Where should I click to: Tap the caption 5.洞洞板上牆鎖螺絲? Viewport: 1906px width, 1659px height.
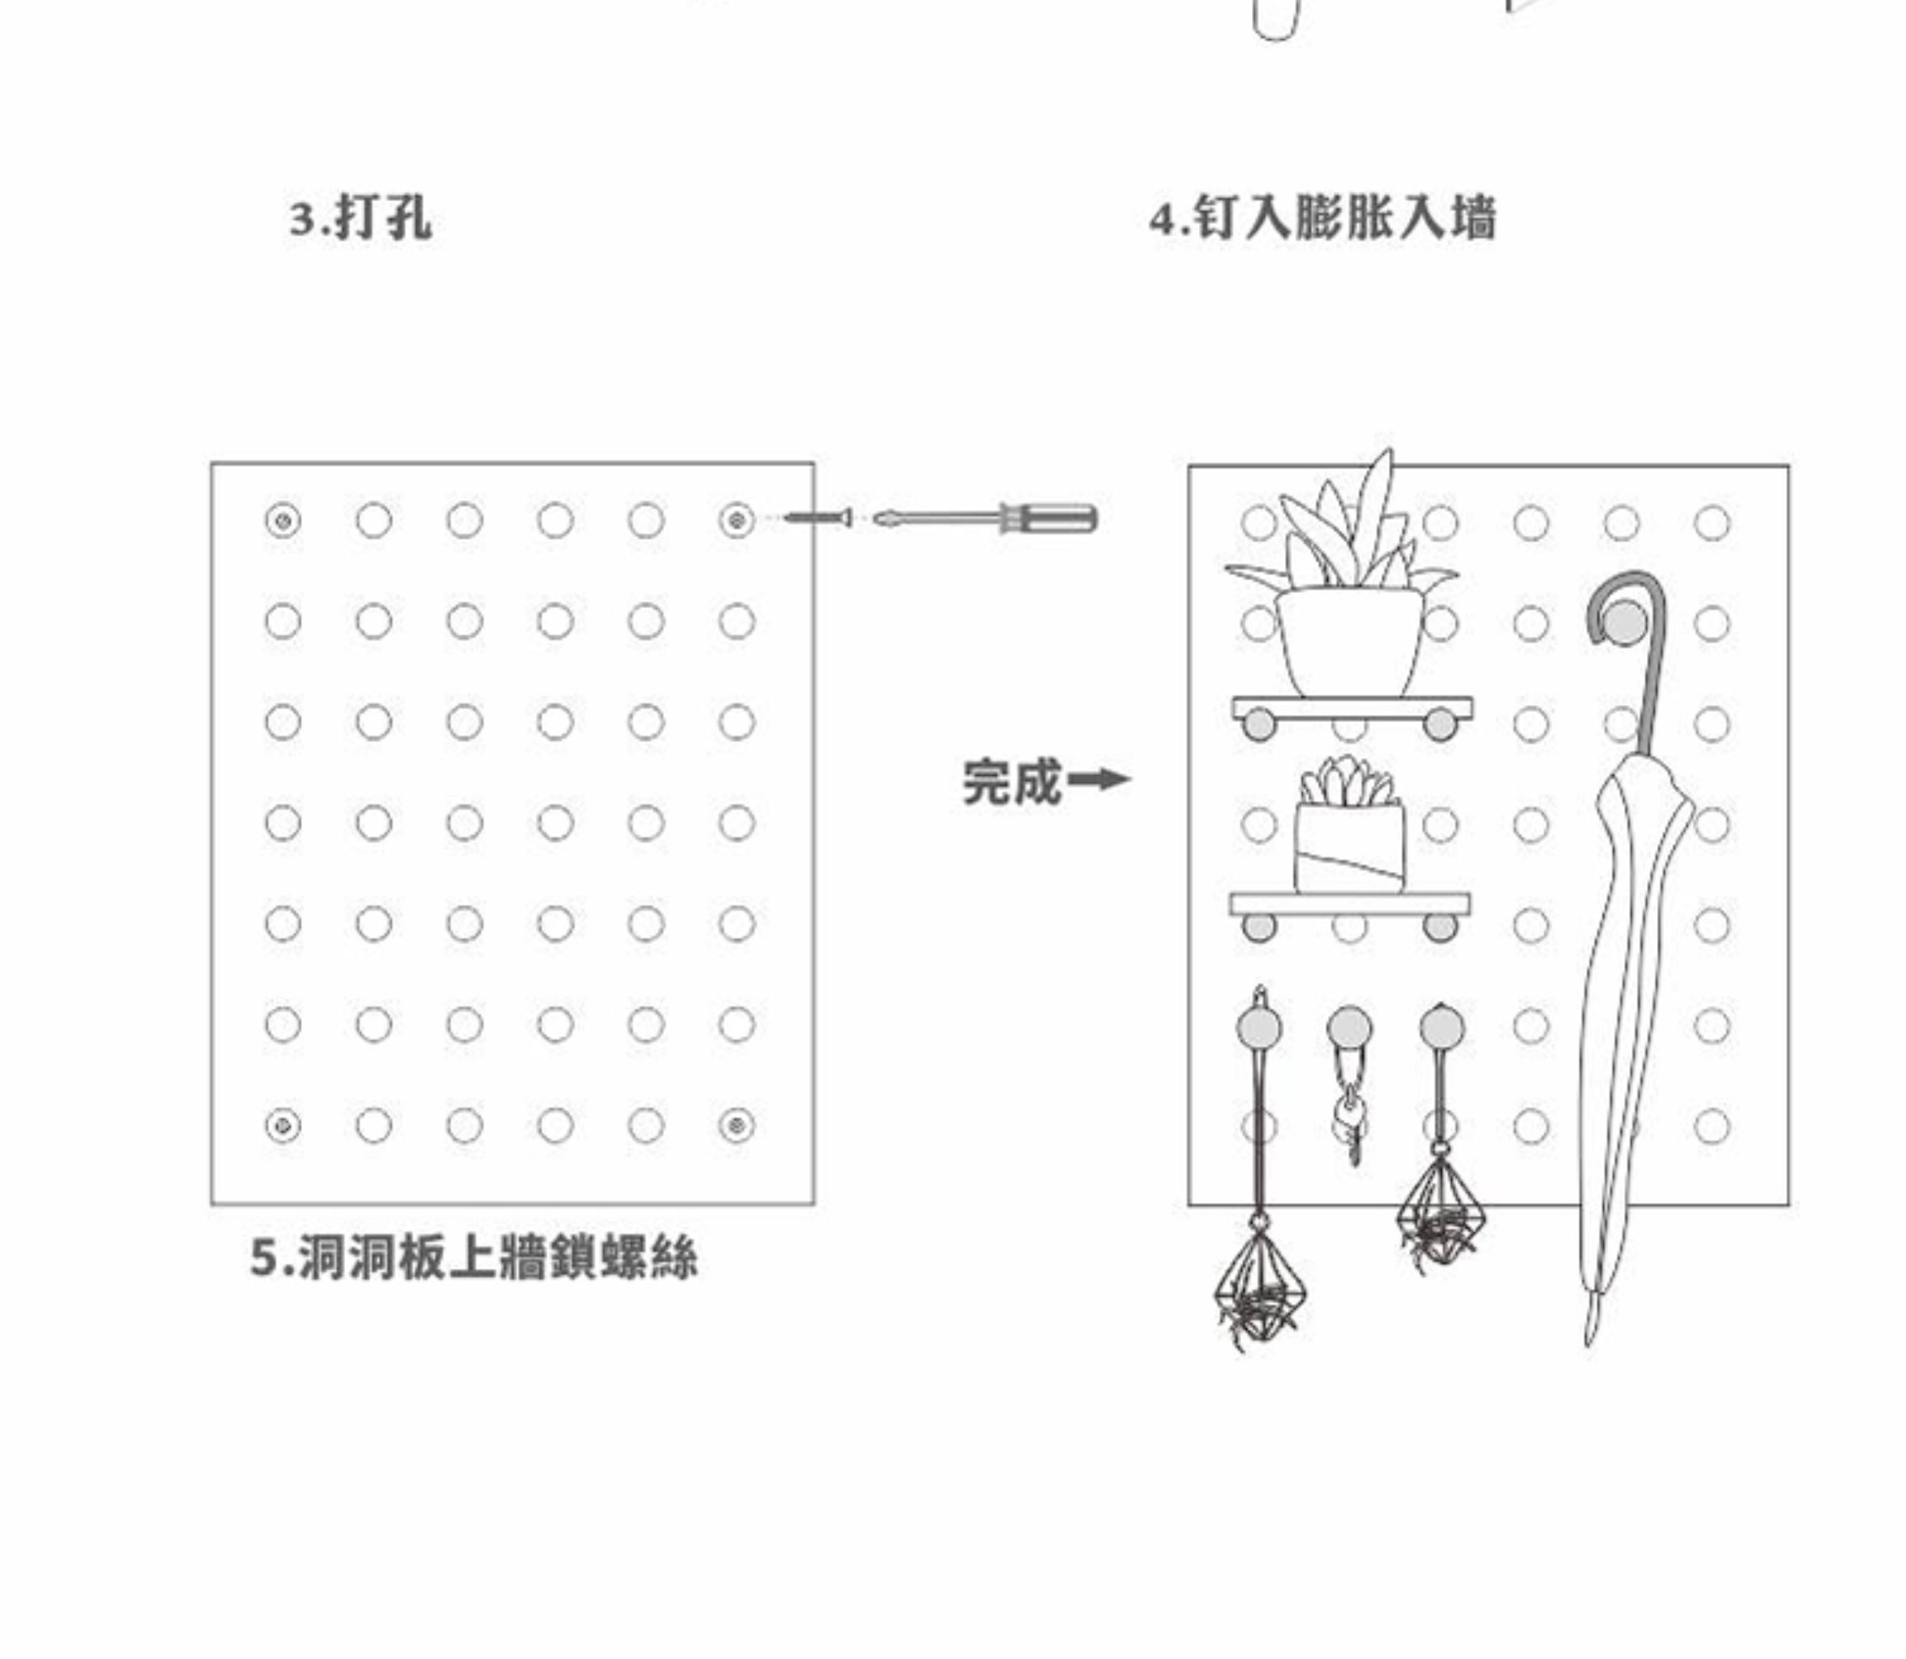point(473,1258)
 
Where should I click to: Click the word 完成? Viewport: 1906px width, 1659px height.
point(1011,783)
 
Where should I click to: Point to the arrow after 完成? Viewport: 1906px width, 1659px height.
point(1099,780)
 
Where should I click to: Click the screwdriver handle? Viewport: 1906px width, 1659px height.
point(1048,518)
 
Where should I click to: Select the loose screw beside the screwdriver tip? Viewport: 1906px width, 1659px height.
point(818,518)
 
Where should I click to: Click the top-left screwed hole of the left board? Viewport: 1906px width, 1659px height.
point(283,520)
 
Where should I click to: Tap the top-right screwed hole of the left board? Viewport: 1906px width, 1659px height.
point(736,520)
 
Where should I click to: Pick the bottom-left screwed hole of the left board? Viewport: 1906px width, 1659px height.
point(283,1126)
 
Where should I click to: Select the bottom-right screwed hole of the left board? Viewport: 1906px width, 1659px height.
point(736,1126)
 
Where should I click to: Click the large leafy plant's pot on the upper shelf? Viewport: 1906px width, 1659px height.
point(1350,641)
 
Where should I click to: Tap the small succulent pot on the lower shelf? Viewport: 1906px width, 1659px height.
point(1350,847)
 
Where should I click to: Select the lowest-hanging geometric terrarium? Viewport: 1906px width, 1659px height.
point(1257,1282)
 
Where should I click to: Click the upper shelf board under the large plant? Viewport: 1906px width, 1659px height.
point(1351,708)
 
